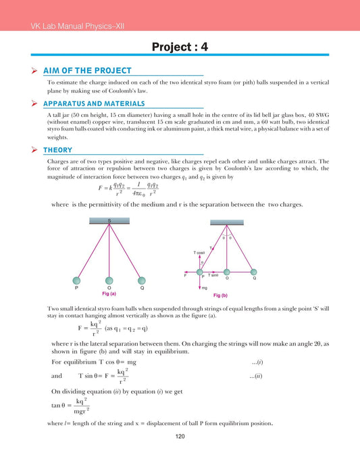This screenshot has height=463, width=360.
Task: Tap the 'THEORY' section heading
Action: click(57, 149)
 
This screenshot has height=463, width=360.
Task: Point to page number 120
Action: click(180, 437)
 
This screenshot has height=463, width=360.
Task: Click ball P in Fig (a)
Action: click(77, 281)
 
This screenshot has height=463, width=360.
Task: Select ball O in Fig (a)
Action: click(109, 281)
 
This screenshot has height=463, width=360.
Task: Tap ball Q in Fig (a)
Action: click(141, 281)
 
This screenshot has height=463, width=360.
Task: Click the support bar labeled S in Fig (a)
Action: click(109, 220)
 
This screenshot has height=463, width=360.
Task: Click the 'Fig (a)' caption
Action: click(109, 293)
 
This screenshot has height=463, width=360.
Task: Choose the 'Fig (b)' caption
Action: click(220, 295)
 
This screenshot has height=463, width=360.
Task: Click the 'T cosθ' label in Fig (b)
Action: click(205, 251)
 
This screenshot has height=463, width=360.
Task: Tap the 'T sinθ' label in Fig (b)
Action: click(213, 275)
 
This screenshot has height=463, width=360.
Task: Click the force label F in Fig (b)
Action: click(186, 275)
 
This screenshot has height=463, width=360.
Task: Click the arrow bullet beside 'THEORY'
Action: click(34, 149)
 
